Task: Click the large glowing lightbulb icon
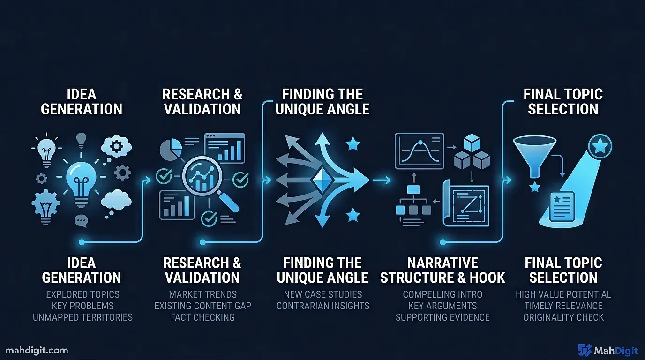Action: click(x=81, y=181)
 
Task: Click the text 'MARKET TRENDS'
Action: click(x=202, y=294)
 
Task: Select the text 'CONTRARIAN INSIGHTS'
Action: click(x=322, y=306)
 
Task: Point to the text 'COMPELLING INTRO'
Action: click(x=442, y=294)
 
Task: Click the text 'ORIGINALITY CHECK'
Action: click(x=563, y=317)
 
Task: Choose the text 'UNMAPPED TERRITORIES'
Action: click(x=82, y=317)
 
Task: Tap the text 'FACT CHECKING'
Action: click(x=202, y=317)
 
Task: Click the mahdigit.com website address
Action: click(x=37, y=350)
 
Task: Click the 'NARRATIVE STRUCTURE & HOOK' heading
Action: click(x=442, y=270)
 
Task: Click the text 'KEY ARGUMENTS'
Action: click(x=442, y=306)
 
